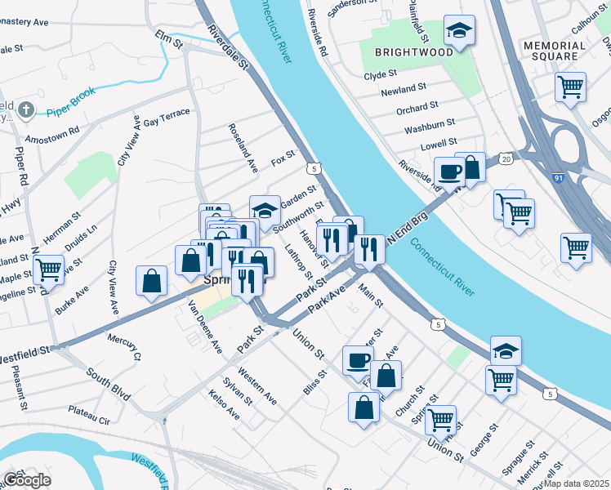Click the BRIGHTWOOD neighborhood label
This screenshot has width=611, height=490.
click(402, 51)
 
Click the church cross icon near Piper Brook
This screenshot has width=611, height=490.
click(26, 109)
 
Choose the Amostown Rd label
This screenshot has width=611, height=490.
click(51, 132)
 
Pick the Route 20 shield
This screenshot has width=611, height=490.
click(506, 158)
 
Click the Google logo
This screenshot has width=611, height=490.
click(27, 480)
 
